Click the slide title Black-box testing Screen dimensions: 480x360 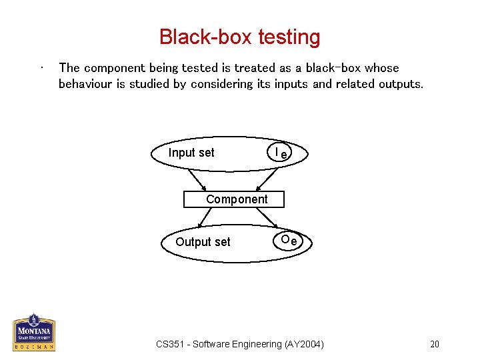pyautogui.click(x=239, y=37)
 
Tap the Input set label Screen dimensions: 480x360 pyautogui.click(x=191, y=153)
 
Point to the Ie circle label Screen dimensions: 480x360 pyautogui.click(x=281, y=153)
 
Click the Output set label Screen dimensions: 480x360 pyautogui.click(x=203, y=242)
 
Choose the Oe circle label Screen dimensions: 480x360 pyautogui.click(x=289, y=240)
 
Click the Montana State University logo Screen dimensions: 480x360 pyautogui.click(x=33, y=332)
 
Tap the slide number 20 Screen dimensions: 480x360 pyautogui.click(x=435, y=344)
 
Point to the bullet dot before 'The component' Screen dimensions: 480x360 pyautogui.click(x=42, y=67)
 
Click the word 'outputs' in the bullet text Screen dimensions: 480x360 pyautogui.click(x=399, y=84)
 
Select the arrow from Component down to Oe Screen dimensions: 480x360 pyautogui.click(x=268, y=218)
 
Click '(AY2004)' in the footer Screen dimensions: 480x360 pyautogui.click(x=305, y=344)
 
